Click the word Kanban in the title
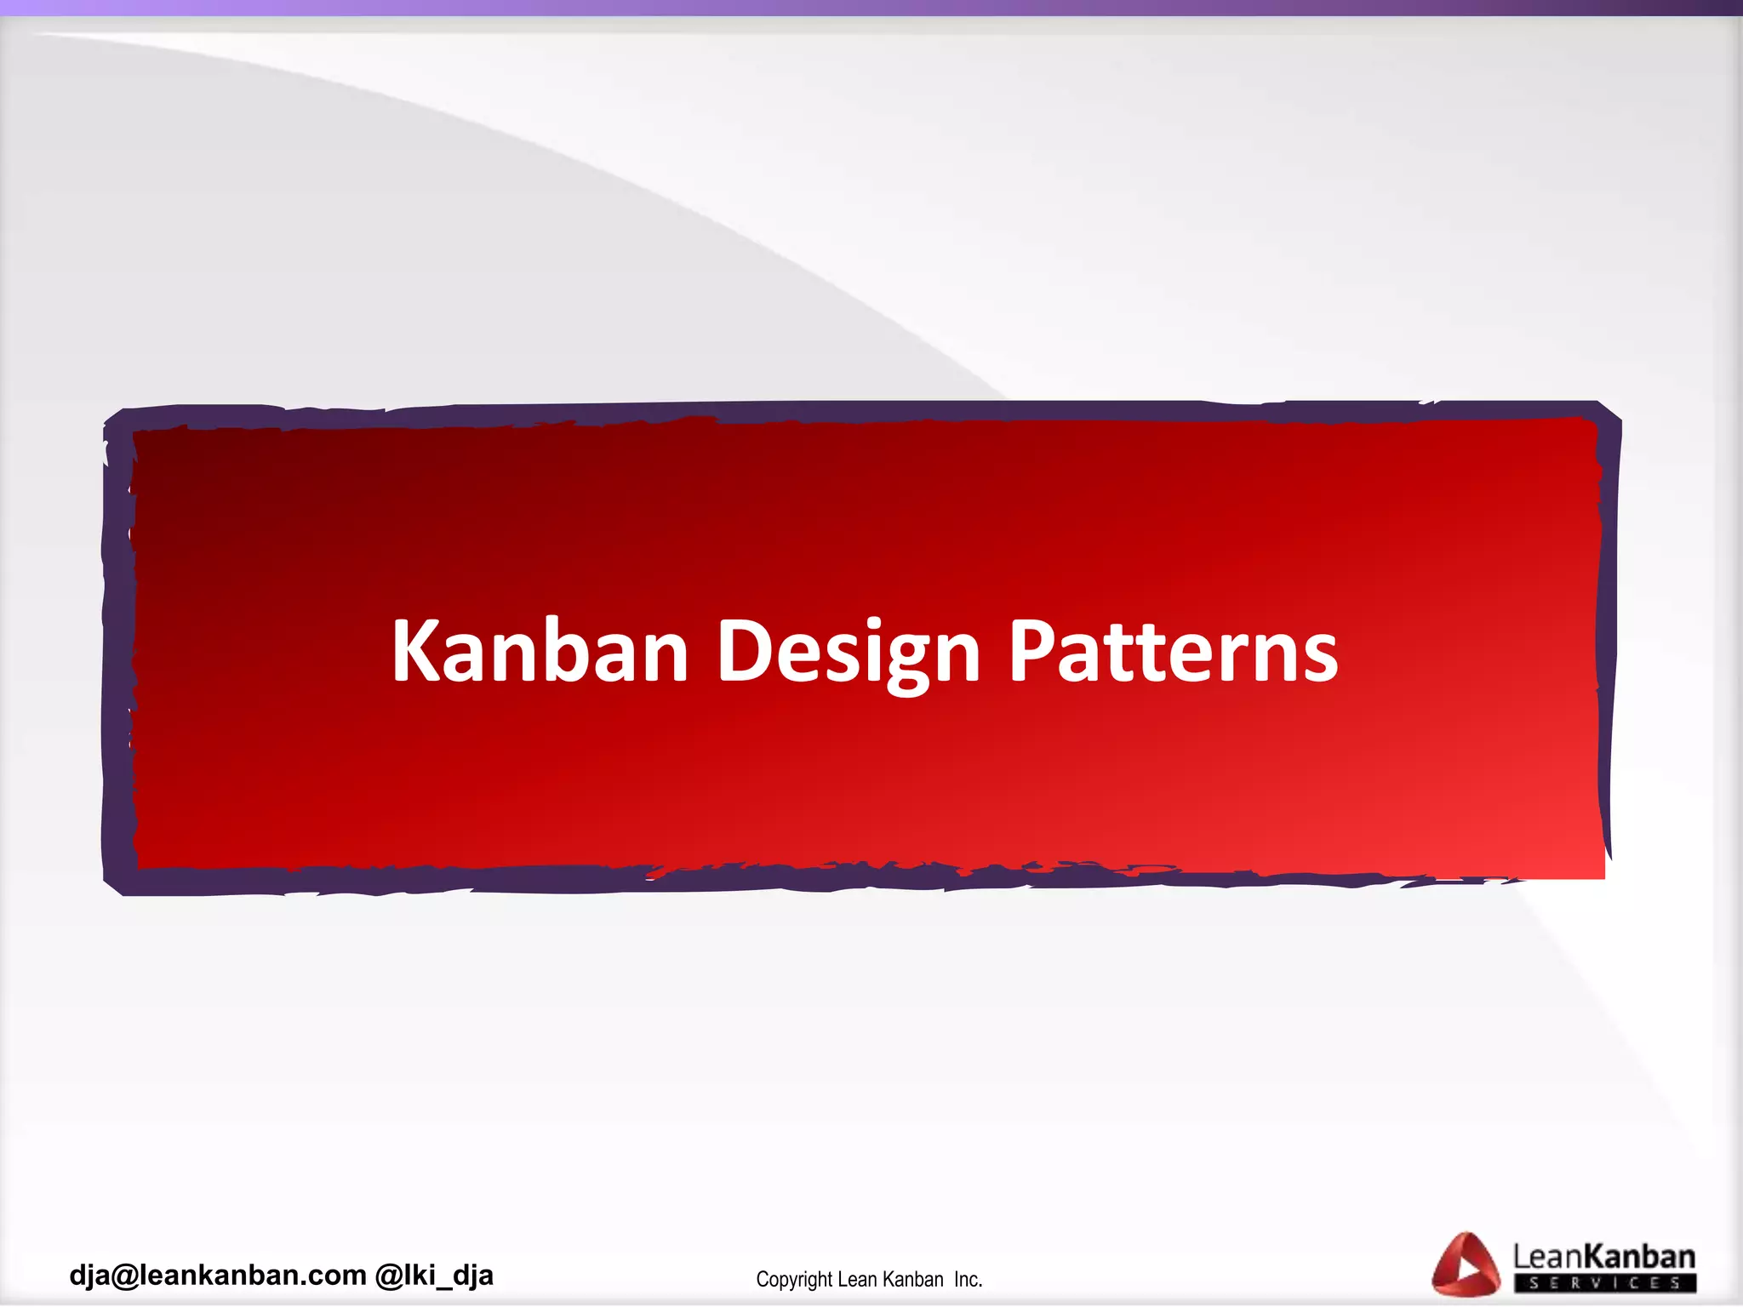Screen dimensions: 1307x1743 click(540, 651)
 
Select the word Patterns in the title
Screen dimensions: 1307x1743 click(1173, 651)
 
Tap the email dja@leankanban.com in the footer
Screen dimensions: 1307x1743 click(218, 1276)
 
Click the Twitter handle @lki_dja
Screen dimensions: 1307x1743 click(434, 1276)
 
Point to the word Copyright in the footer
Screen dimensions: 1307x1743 click(793, 1280)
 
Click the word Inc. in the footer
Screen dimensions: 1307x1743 click(969, 1280)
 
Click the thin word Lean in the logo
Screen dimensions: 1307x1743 click(1546, 1257)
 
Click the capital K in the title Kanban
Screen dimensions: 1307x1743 click(418, 651)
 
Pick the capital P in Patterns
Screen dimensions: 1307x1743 click(1032, 651)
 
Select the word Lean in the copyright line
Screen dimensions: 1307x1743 click(857, 1280)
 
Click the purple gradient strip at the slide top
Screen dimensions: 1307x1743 click(871, 8)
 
